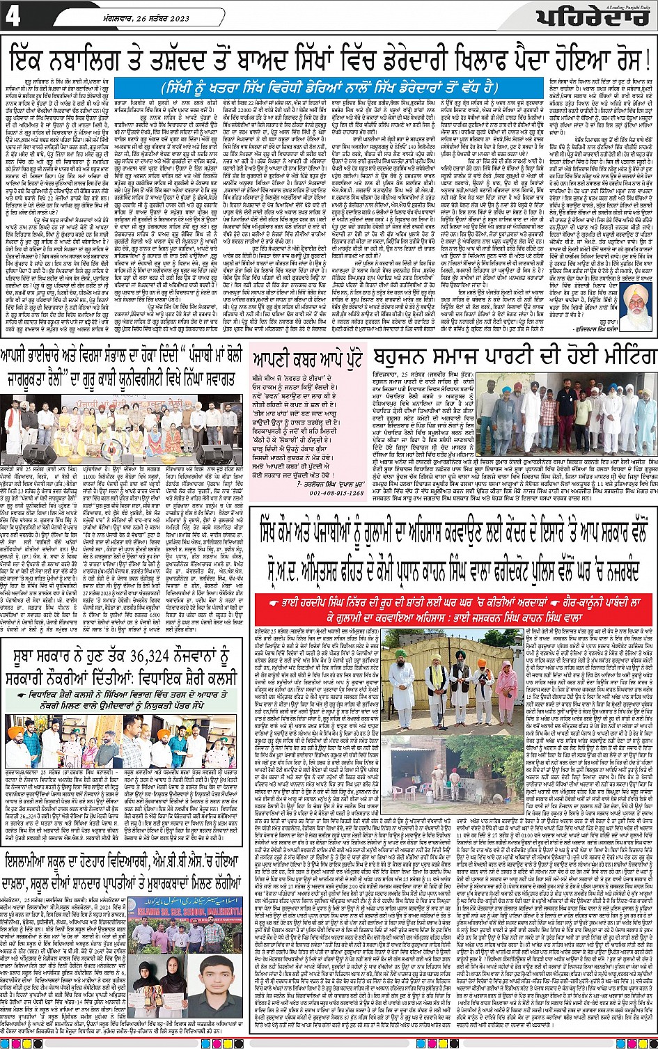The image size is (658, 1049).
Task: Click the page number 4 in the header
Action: coord(13,17)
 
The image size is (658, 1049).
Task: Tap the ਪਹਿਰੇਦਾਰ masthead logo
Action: coord(596,21)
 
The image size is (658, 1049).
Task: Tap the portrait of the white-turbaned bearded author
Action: coord(635,307)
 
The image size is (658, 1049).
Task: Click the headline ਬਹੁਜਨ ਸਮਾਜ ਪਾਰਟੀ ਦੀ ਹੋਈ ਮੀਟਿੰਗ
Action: coord(513,361)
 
